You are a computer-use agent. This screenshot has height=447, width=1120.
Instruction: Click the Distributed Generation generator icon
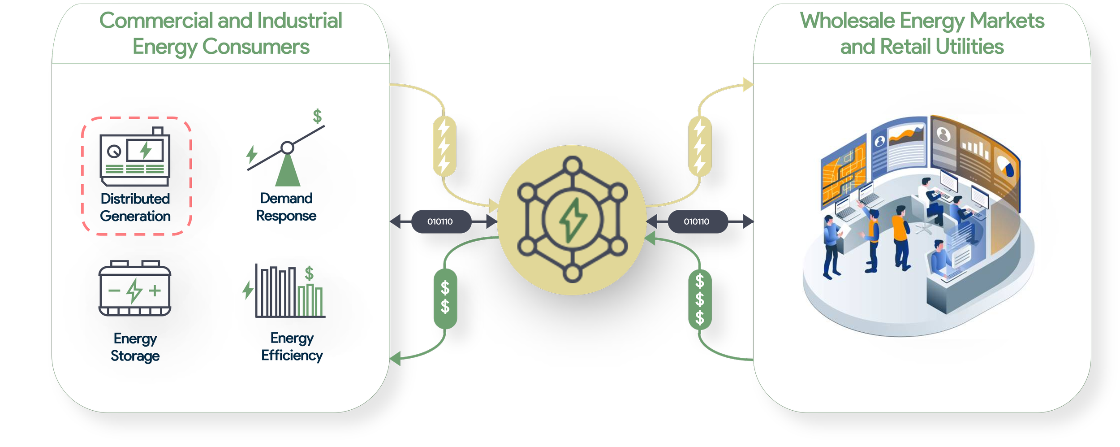coord(135,156)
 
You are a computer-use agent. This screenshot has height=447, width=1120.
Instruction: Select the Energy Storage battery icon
coord(135,289)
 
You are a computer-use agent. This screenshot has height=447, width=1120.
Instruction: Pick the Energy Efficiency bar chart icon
coord(287,291)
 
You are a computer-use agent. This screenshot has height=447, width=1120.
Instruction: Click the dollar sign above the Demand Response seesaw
coord(317,116)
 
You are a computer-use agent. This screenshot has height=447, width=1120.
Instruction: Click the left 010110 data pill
coord(440,221)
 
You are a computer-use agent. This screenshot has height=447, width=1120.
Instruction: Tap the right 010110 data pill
coord(697,221)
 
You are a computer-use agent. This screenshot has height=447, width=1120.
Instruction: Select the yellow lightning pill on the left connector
coord(444,146)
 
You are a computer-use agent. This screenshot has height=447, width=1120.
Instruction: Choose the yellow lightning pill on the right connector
coord(700,146)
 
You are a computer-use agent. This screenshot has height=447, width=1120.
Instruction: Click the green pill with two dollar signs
coord(445,298)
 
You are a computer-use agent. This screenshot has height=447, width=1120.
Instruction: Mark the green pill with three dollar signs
coord(700,299)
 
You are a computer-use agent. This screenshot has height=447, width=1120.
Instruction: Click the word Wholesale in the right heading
coord(847,21)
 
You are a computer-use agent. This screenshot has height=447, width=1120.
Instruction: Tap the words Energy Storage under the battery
coord(135,347)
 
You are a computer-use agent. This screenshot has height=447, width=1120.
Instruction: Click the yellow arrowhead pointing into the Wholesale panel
coord(748,84)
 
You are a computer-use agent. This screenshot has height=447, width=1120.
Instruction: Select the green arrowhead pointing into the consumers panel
coord(395,359)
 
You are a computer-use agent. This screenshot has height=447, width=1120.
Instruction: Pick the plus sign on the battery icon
coord(155,291)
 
